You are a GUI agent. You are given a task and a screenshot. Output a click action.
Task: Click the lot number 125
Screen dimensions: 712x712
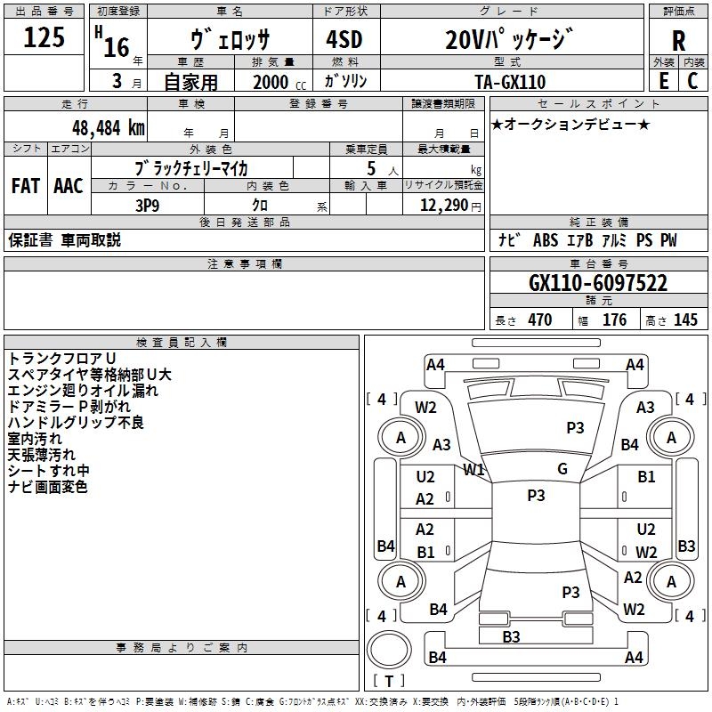point(44,38)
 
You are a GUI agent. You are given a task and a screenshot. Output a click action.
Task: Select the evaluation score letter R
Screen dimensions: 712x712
point(678,41)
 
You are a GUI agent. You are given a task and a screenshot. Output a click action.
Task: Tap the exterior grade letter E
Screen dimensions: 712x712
point(663,80)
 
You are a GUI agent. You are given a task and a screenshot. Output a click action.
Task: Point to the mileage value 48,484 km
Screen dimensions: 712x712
point(108,127)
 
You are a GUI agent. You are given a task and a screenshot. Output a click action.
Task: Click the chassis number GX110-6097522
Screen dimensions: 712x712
point(598,284)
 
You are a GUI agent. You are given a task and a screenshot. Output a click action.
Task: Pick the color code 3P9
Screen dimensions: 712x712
point(146,205)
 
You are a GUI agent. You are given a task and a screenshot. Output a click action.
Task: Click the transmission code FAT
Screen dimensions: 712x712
point(26,186)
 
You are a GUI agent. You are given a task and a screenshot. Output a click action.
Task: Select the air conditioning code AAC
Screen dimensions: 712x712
point(69,186)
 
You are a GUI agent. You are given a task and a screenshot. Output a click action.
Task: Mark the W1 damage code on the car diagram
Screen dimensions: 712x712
point(473,470)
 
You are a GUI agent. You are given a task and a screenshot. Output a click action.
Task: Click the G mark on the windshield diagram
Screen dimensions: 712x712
point(562,469)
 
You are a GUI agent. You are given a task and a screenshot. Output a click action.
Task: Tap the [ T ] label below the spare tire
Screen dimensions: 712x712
point(389,682)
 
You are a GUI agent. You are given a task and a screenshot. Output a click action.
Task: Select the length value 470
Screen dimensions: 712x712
point(539,320)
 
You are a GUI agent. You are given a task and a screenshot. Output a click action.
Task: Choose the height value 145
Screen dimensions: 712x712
point(685,320)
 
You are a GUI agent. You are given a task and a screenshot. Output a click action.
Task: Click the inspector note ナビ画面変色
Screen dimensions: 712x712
point(48,487)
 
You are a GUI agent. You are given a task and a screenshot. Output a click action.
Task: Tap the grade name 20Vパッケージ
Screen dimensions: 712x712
point(508,40)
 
